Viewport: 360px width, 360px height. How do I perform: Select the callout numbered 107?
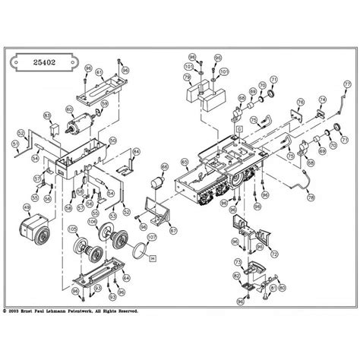(x=151, y=237)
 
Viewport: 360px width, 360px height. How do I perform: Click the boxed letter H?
(x=153, y=258)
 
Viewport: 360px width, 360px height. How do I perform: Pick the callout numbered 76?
(x=300, y=102)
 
